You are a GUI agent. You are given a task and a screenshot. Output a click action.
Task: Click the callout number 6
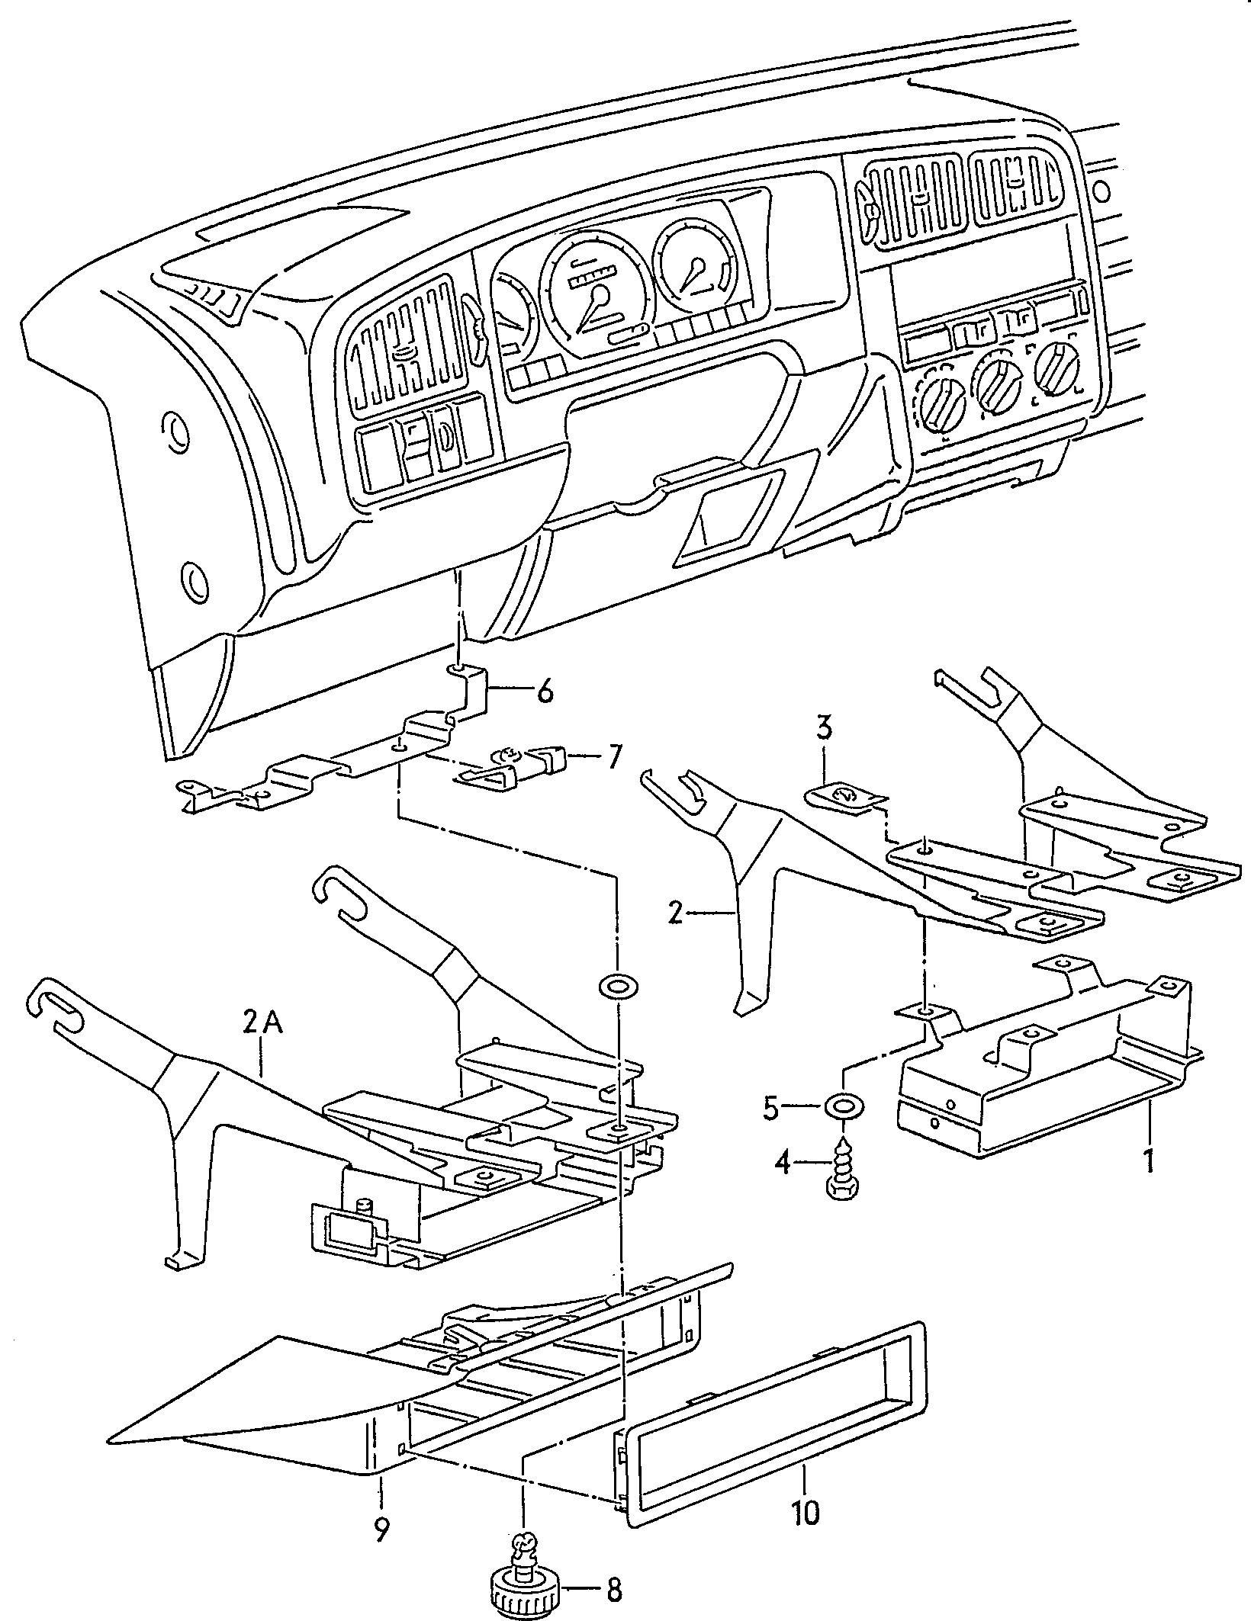coord(544,692)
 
